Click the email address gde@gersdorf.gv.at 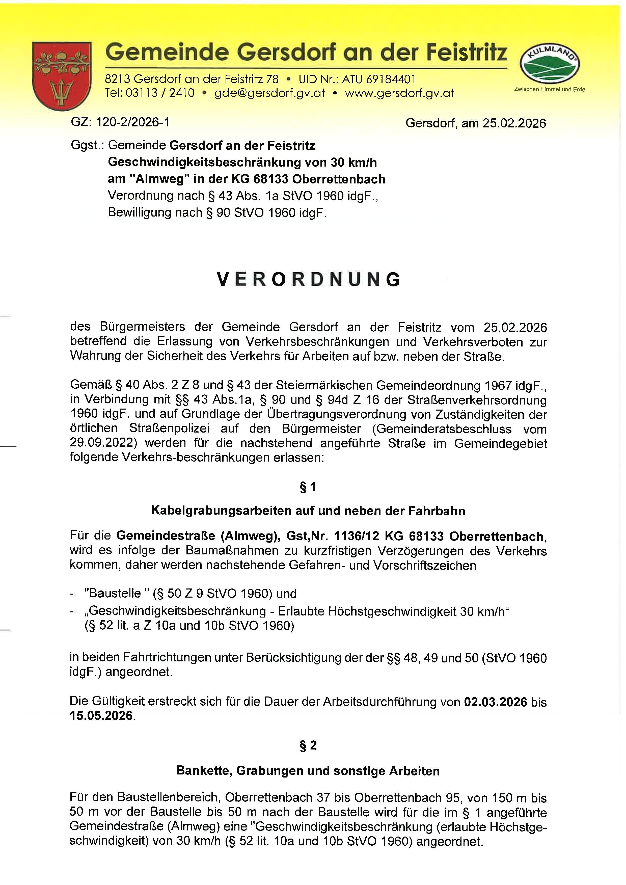(x=269, y=93)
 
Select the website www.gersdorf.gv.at (x=399, y=93)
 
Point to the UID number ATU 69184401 (x=379, y=79)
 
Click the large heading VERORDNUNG (x=309, y=279)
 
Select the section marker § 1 (x=308, y=487)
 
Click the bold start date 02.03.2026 (x=495, y=702)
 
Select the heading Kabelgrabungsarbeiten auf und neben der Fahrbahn (x=308, y=511)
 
